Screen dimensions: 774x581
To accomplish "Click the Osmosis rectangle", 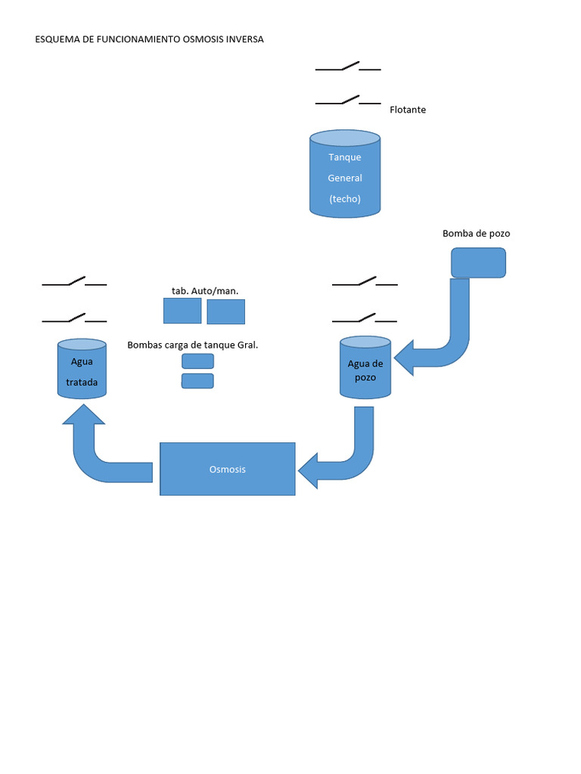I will coord(228,469).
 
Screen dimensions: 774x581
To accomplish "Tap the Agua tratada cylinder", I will coord(82,370).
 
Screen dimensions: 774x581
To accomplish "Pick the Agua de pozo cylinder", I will coord(365,368).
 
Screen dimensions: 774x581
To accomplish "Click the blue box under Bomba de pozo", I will coord(478,262).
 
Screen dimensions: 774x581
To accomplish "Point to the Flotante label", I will coord(408,110).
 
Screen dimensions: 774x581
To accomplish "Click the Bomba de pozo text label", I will coord(476,234).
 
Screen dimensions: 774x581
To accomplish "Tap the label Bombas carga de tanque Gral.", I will coord(193,345).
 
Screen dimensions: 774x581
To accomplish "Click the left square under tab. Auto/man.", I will coord(182,311).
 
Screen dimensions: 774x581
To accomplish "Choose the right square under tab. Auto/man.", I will coord(225,311).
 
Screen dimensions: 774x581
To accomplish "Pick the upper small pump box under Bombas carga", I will coord(197,361).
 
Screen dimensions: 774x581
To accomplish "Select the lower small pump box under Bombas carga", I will coord(197,381).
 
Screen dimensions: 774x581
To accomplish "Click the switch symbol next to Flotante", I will coord(348,101).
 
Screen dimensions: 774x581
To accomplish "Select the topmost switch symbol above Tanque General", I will coord(348,67).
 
